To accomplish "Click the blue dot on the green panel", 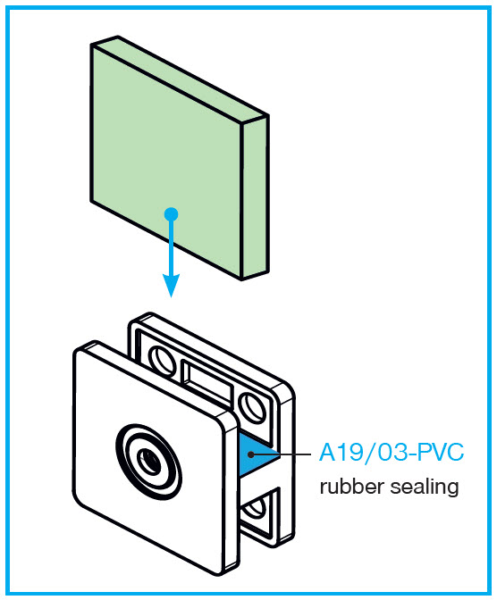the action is click(171, 214).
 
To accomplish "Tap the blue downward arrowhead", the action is click(171, 285).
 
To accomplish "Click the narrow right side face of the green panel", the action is click(256, 198).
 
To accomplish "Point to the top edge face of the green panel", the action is click(180, 79).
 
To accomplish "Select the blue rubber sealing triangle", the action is click(256, 454).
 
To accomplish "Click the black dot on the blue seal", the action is click(250, 454).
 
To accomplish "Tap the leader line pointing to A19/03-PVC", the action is click(282, 454).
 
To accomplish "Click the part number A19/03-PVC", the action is click(392, 453).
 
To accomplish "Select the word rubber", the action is click(352, 487).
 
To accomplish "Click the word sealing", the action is click(425, 487).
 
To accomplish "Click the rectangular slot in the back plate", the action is click(206, 381).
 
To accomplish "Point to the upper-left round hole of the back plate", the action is click(162, 360).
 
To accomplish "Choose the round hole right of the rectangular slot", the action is click(252, 407).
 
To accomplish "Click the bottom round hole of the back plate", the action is click(255, 507).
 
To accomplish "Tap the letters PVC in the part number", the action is click(441, 453).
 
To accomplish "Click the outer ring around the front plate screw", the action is click(149, 461).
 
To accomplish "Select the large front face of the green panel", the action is click(166, 161).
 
